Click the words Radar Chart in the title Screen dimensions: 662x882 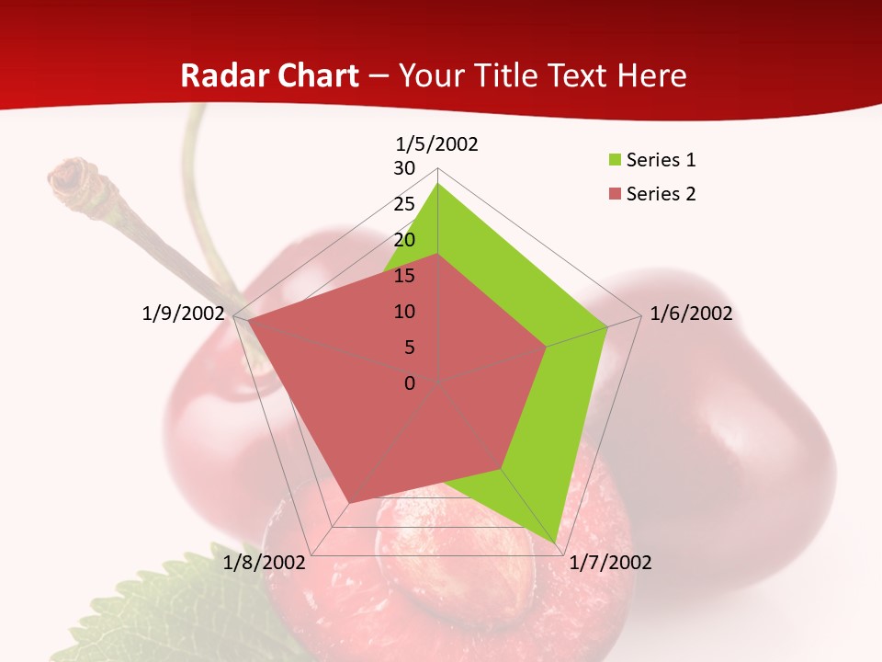pos(269,75)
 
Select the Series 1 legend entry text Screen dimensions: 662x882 pos(661,160)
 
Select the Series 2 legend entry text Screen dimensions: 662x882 pos(661,194)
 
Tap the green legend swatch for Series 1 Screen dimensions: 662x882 pos(614,161)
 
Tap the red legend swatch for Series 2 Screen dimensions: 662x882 pos(614,194)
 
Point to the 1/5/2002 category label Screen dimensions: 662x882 pos(437,143)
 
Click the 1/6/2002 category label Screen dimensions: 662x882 pos(691,314)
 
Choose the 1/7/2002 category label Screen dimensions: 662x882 pos(610,563)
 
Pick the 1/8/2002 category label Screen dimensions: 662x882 pos(265,563)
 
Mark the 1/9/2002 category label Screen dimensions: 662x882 pos(184,314)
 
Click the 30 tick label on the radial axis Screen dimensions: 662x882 pos(404,168)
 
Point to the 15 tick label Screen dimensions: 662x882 pos(404,276)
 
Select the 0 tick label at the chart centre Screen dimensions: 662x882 pos(410,383)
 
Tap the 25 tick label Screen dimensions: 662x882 pos(404,204)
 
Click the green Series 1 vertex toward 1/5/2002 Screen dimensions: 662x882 pos(438,184)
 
